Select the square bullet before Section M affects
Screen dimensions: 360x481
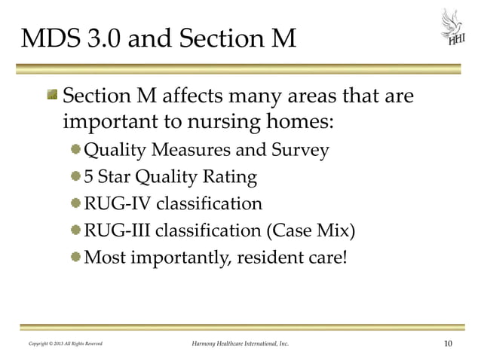[x=53, y=97]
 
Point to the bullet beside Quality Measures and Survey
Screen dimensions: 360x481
[x=75, y=150]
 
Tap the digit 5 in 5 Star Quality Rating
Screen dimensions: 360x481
[x=88, y=178]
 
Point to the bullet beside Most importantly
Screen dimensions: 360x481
[x=75, y=257]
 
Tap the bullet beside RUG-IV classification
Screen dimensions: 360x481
[x=75, y=203]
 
